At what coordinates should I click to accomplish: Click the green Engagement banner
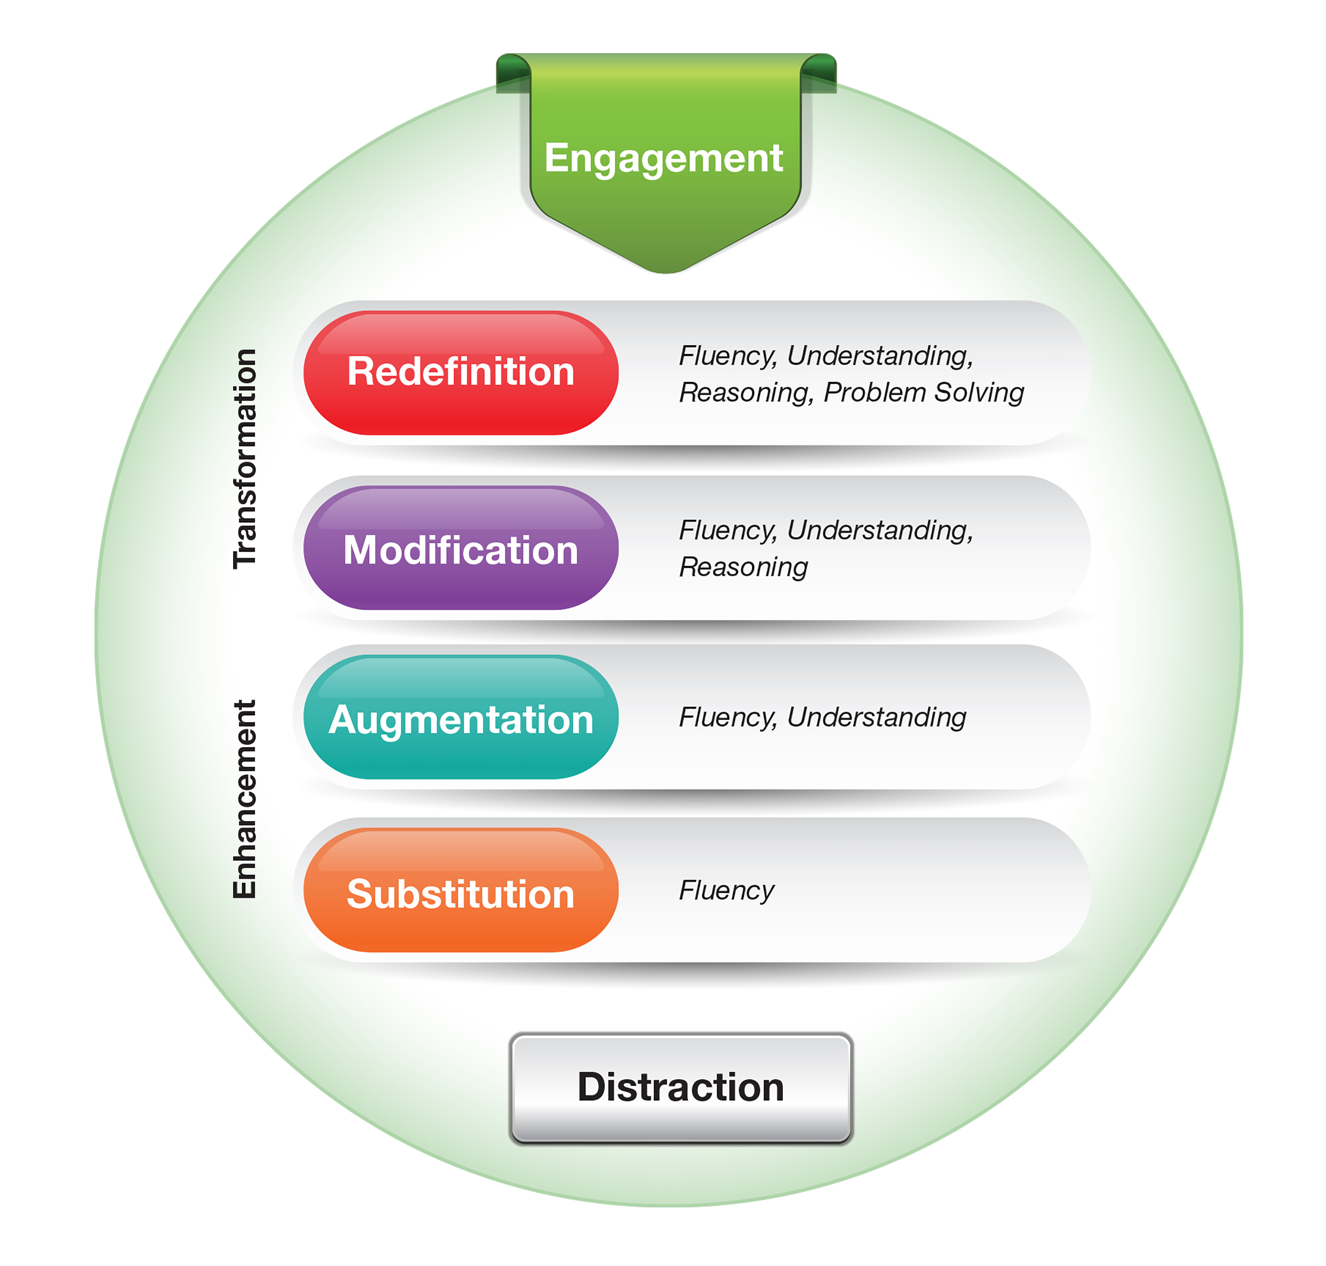click(664, 159)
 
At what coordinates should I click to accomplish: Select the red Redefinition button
click(460, 372)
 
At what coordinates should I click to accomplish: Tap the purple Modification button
click(460, 549)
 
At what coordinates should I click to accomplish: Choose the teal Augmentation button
click(460, 719)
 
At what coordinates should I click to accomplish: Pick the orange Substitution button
click(460, 893)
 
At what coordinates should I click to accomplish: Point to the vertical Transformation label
click(245, 459)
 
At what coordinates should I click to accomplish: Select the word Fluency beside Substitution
click(726, 890)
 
